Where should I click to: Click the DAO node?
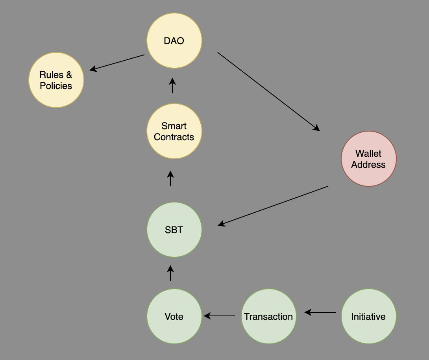click(174, 41)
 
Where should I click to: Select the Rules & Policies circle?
click(56, 80)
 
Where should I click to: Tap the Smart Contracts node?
click(174, 131)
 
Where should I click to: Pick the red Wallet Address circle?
click(368, 159)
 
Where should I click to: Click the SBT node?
click(174, 230)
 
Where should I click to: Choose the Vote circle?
click(174, 316)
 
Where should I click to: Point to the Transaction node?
click(268, 316)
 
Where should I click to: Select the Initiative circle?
click(368, 316)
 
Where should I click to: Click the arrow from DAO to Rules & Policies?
click(117, 63)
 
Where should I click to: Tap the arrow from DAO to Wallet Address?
click(268, 91)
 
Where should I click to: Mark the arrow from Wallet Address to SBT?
click(273, 206)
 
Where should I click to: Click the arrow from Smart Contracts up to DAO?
click(172, 85)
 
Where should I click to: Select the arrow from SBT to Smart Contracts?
click(170, 178)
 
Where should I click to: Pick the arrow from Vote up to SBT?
click(170, 273)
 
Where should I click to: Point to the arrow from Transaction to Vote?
click(220, 316)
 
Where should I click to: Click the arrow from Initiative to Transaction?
click(320, 312)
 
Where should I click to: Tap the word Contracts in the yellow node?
click(174, 137)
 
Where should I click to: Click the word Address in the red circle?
click(368, 165)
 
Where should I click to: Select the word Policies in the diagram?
click(56, 86)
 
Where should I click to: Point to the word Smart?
click(174, 126)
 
